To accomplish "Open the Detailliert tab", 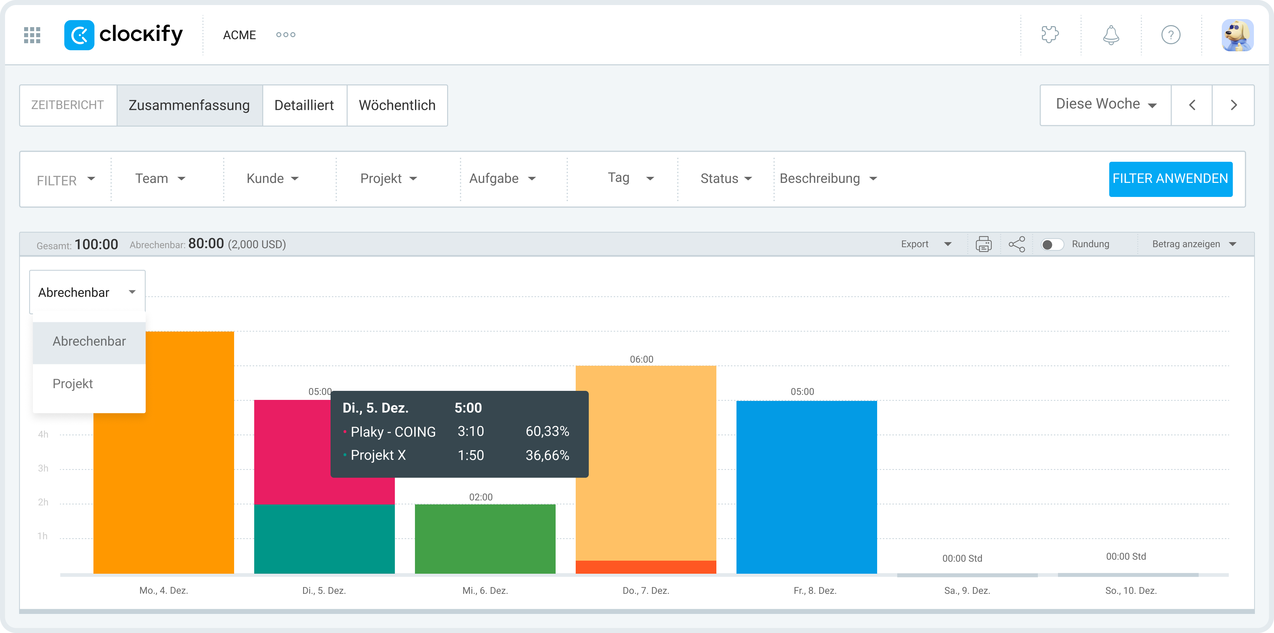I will [x=304, y=105].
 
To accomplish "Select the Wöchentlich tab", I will [x=397, y=105].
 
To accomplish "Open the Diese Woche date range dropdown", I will [x=1105, y=104].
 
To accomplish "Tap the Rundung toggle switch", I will [x=1052, y=244].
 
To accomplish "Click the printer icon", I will [x=983, y=244].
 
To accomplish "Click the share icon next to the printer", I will [x=1017, y=244].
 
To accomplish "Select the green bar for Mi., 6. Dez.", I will [x=485, y=539].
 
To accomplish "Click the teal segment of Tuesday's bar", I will [x=324, y=539].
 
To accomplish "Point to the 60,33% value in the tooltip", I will [x=547, y=431].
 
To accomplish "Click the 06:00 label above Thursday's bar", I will [x=641, y=359].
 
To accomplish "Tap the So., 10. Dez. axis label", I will [x=1131, y=590].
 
